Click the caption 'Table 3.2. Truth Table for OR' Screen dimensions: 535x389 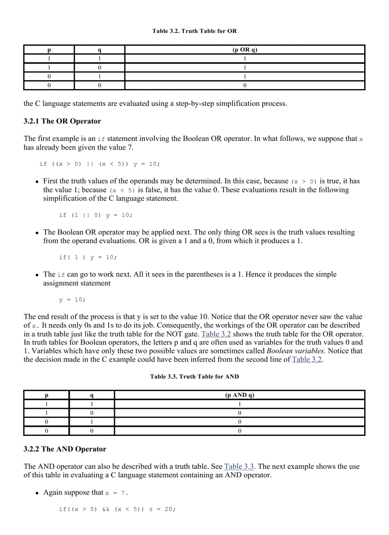pos(194,31)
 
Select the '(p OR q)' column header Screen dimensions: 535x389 pos(245,50)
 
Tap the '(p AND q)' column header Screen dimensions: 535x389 pos(239,395)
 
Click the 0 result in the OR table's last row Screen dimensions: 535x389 pos(245,86)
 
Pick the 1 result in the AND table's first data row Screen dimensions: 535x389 pos(239,404)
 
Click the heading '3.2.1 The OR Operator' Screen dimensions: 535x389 pos(62,121)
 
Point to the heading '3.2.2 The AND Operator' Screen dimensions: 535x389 pos(65,449)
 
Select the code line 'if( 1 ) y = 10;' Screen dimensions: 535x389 pos(88,257)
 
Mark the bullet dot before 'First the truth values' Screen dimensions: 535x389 pos(37,182)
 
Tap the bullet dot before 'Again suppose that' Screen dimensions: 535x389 pos(37,493)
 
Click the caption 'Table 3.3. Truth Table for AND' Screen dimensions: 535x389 pos(194,376)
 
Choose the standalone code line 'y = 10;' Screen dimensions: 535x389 pos(72,300)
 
